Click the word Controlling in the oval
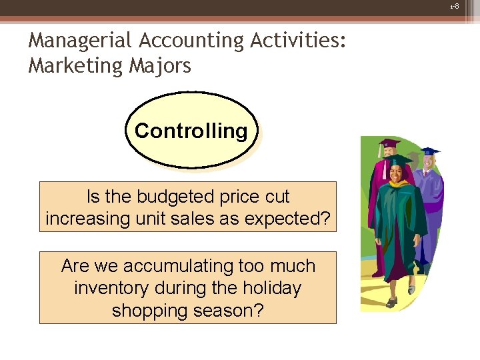tap(191, 131)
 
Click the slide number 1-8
tap(455, 6)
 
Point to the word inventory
tap(112, 289)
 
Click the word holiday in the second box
tap(267, 289)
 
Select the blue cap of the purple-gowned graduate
tap(429, 151)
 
